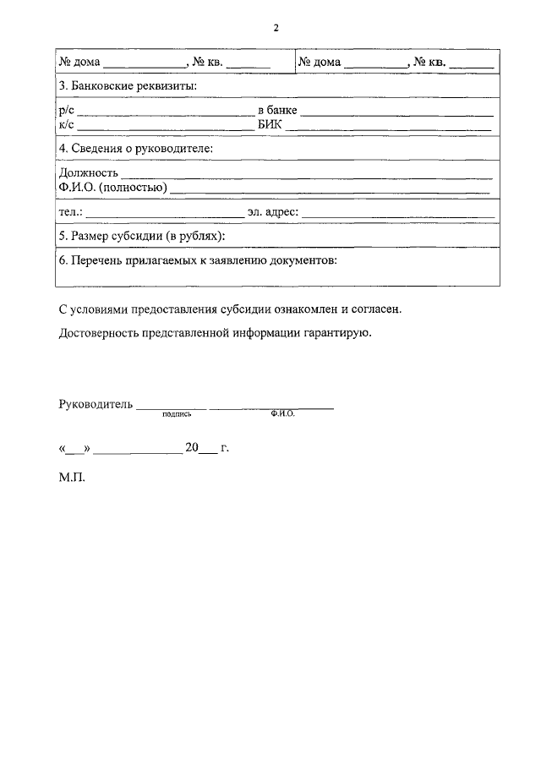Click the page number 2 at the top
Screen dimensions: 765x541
click(276, 28)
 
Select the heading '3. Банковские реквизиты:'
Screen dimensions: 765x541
click(127, 86)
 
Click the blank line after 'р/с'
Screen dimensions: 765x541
click(166, 113)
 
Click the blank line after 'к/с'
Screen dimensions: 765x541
click(166, 128)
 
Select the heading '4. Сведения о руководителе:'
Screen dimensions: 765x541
click(135, 149)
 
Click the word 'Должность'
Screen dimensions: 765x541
click(88, 173)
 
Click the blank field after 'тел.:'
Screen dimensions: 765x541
click(164, 213)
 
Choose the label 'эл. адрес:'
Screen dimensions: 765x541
click(273, 211)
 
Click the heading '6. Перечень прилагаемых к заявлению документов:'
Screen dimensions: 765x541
click(198, 260)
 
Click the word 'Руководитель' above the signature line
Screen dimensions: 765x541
click(96, 404)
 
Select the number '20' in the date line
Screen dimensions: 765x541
click(192, 447)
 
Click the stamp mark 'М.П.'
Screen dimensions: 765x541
click(73, 477)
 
